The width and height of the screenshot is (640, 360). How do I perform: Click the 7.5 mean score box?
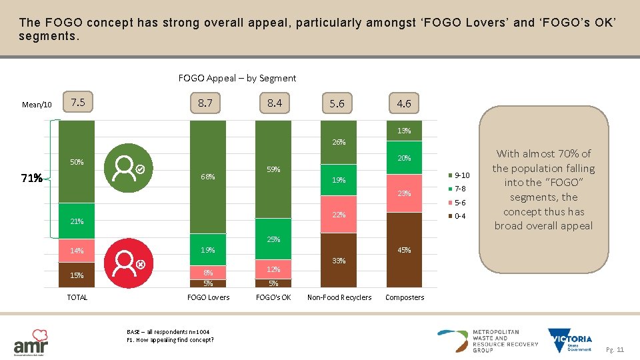pos(78,103)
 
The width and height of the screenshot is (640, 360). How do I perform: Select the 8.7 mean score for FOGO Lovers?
pos(205,103)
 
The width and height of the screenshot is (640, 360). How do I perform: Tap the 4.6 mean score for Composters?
pos(404,103)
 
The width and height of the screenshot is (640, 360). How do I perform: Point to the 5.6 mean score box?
pos(337,103)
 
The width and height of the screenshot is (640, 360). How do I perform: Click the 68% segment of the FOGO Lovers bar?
pos(207,177)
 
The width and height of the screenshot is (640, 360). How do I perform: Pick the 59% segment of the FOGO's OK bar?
pos(273,170)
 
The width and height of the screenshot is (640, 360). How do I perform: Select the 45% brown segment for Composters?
pos(404,250)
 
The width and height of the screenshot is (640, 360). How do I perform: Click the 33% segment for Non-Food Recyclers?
pos(339,261)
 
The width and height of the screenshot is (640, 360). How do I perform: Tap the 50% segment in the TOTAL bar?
pos(77,162)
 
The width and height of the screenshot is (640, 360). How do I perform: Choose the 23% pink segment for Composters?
pos(404,193)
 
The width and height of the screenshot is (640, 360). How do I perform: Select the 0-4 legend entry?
pos(458,216)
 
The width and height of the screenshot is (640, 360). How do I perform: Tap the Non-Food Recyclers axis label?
pos(339,297)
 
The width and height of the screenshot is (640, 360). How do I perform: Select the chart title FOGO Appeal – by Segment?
pos(237,78)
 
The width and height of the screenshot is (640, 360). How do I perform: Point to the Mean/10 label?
pos(37,105)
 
